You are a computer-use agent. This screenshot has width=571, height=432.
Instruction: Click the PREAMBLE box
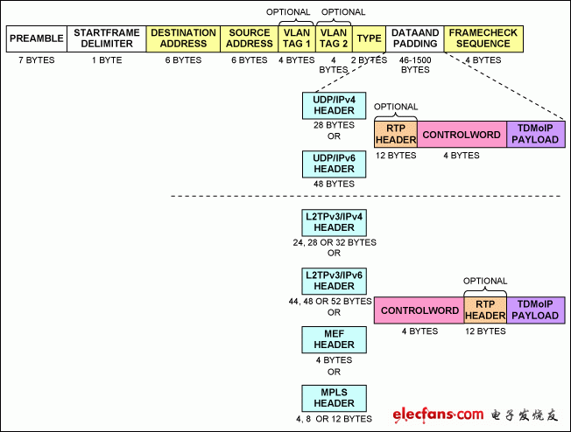tap(37, 38)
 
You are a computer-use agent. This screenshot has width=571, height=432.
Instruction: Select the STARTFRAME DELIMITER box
tap(107, 38)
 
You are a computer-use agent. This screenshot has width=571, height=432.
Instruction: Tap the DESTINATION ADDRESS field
tap(183, 38)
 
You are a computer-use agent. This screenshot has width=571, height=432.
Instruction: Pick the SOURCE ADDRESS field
tap(250, 38)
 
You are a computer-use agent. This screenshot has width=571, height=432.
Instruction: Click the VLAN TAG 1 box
tap(297, 38)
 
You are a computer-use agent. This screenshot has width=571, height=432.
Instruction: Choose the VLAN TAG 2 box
tap(334, 38)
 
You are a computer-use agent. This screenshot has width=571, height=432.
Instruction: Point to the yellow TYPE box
tap(369, 38)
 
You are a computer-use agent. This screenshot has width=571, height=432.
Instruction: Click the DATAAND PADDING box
tap(415, 38)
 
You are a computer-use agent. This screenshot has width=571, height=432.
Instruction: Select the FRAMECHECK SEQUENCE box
tap(483, 38)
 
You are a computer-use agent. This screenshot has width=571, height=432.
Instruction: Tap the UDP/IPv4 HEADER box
tap(334, 106)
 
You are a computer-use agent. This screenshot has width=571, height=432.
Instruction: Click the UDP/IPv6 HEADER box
tap(334, 164)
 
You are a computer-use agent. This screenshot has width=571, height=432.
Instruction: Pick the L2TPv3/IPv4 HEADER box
tap(334, 222)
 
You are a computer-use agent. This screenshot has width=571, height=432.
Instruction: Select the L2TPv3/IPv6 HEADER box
tap(334, 281)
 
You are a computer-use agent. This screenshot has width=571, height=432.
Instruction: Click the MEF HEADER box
tap(334, 339)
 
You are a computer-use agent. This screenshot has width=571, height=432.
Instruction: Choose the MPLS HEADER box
tap(334, 398)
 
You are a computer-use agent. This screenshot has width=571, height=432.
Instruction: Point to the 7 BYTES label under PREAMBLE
tap(37, 60)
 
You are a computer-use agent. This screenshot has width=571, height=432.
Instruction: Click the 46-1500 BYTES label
tap(415, 65)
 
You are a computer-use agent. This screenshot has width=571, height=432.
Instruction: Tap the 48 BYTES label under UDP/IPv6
tap(334, 184)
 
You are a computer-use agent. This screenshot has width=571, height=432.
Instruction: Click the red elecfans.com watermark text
tap(438, 415)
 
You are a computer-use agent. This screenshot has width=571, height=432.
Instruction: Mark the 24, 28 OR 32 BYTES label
tap(335, 242)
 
